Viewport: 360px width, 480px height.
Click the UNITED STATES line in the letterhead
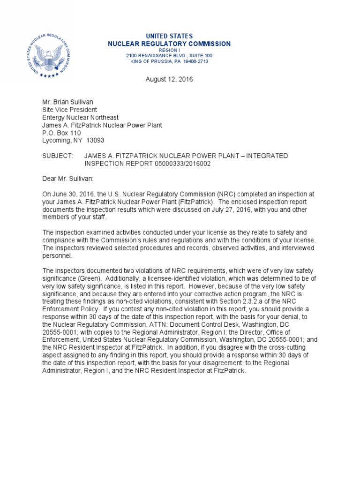(169, 36)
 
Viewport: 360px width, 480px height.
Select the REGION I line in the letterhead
(169, 50)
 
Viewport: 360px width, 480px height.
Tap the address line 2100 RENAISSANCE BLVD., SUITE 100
(169, 55)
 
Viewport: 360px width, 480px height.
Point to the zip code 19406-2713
(195, 61)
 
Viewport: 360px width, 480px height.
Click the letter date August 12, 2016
(169, 79)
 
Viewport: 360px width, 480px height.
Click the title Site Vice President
(70, 110)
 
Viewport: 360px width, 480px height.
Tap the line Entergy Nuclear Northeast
(81, 117)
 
